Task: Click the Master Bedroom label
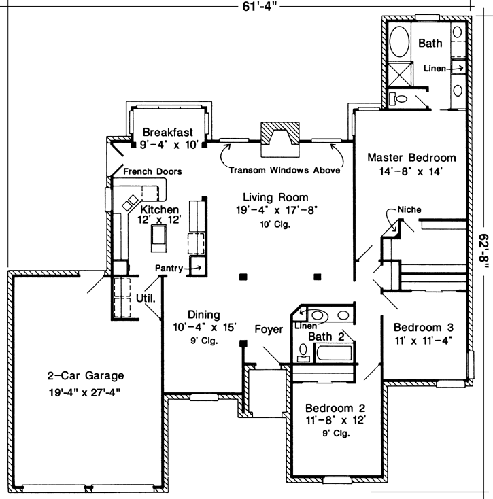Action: [411, 158]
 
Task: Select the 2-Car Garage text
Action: [86, 375]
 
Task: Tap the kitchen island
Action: [160, 235]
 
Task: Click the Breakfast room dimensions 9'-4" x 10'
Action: [169, 145]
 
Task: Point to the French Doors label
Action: [152, 171]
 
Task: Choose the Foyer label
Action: [269, 330]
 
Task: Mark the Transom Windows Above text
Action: [284, 171]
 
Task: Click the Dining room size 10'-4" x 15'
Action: [204, 328]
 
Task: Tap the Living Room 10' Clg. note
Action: [275, 224]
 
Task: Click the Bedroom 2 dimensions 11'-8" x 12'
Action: [335, 421]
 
